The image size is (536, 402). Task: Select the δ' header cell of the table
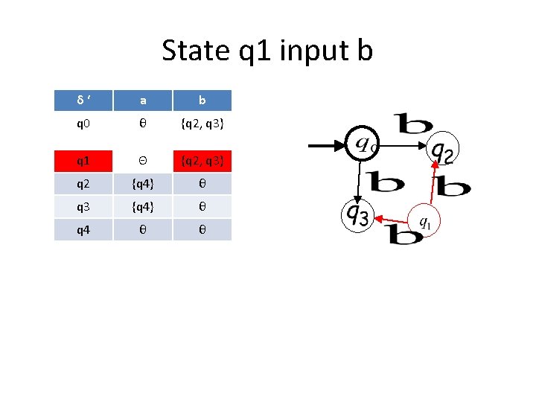(x=83, y=100)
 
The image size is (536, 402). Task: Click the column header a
(x=142, y=100)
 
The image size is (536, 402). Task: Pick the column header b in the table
(x=202, y=100)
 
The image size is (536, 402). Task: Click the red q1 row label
(x=83, y=161)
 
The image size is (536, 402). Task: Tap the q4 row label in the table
(x=83, y=229)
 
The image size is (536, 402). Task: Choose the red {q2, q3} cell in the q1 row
(x=202, y=161)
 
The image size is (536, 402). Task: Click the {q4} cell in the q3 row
(x=142, y=207)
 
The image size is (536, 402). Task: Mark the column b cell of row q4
(x=202, y=229)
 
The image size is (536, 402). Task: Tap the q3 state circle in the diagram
(x=357, y=215)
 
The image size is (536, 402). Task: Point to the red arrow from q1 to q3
(x=392, y=220)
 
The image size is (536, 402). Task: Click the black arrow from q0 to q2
(x=402, y=147)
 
